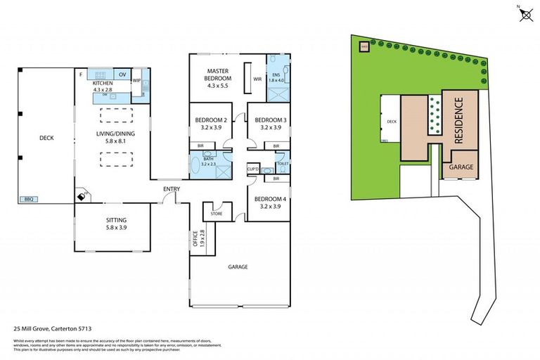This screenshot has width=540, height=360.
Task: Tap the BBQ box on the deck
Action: [29, 199]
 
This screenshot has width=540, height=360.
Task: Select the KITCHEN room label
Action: [103, 84]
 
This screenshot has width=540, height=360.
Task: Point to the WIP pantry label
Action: [137, 79]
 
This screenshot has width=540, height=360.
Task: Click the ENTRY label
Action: [172, 188]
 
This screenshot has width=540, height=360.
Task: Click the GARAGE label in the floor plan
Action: [239, 266]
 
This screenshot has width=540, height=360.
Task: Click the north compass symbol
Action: [525, 14]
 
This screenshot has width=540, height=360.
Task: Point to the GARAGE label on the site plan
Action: [460, 168]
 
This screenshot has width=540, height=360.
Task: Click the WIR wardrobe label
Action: [257, 79]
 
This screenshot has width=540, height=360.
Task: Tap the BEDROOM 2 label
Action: [210, 120]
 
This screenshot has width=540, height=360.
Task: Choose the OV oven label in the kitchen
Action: [122, 75]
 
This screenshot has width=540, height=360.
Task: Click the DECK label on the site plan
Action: [392, 121]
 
